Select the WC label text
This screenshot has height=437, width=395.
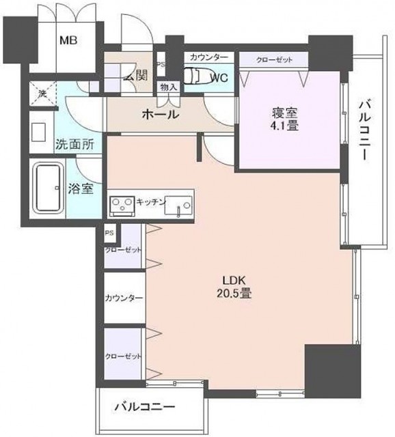click(x=218, y=77)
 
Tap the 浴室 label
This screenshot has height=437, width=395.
click(x=83, y=188)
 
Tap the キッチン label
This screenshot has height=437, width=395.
click(x=151, y=201)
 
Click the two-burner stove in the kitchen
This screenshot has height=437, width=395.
click(x=122, y=204)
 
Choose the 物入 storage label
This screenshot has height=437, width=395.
click(x=167, y=87)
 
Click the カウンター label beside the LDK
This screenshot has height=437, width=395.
click(x=124, y=298)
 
